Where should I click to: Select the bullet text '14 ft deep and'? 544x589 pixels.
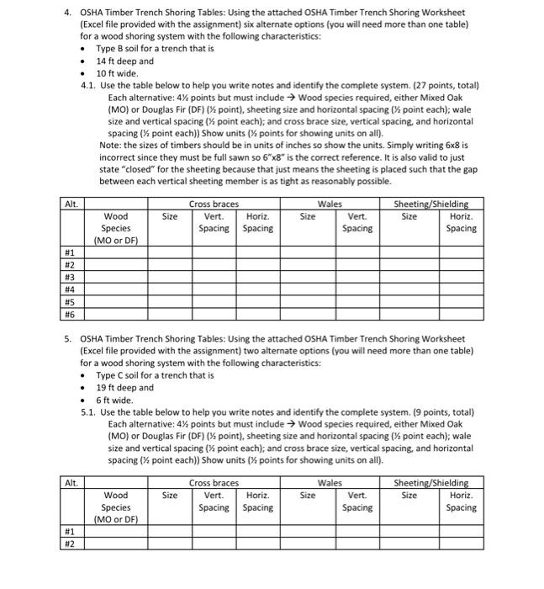pyautogui.click(x=124, y=61)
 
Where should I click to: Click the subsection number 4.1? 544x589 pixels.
pyautogui.click(x=88, y=85)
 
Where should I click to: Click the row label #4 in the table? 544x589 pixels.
pyautogui.click(x=70, y=288)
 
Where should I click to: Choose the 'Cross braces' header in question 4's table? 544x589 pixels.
pyautogui.click(x=214, y=204)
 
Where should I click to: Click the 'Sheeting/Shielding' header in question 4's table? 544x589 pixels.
pyautogui.click(x=431, y=204)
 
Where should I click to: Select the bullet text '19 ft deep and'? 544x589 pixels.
pyautogui.click(x=124, y=388)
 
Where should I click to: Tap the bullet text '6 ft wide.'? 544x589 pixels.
pyautogui.click(x=115, y=400)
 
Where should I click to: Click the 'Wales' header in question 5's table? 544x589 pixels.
pyautogui.click(x=330, y=483)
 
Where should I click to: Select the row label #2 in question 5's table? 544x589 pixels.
pyautogui.click(x=70, y=543)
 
